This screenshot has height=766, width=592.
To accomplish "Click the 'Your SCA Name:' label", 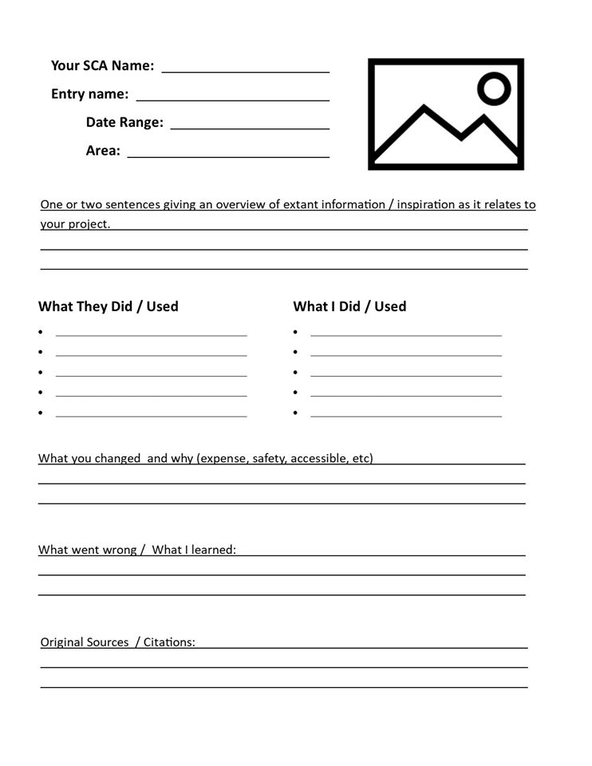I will (102, 65).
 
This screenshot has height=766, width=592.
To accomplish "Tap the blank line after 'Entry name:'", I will (233, 99).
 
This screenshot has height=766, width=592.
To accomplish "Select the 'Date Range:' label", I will (124, 122).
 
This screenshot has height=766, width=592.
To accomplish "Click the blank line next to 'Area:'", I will (228, 156).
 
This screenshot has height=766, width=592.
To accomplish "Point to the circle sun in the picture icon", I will (495, 88).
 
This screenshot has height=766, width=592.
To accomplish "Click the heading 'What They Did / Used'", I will (109, 306).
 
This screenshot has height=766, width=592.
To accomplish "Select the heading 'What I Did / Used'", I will (349, 306).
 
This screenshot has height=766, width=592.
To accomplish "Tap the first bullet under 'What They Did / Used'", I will (41, 332).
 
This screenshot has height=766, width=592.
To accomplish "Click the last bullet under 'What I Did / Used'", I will (295, 413).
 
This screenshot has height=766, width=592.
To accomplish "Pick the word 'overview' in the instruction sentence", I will (240, 204).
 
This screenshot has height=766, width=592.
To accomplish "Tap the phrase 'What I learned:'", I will (194, 550).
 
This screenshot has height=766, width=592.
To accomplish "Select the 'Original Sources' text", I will (85, 642).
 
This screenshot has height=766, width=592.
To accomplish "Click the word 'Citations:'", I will (169, 642).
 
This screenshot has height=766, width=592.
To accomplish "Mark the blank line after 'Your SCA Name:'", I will (246, 70).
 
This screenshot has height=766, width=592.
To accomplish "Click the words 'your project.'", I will (75, 224).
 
